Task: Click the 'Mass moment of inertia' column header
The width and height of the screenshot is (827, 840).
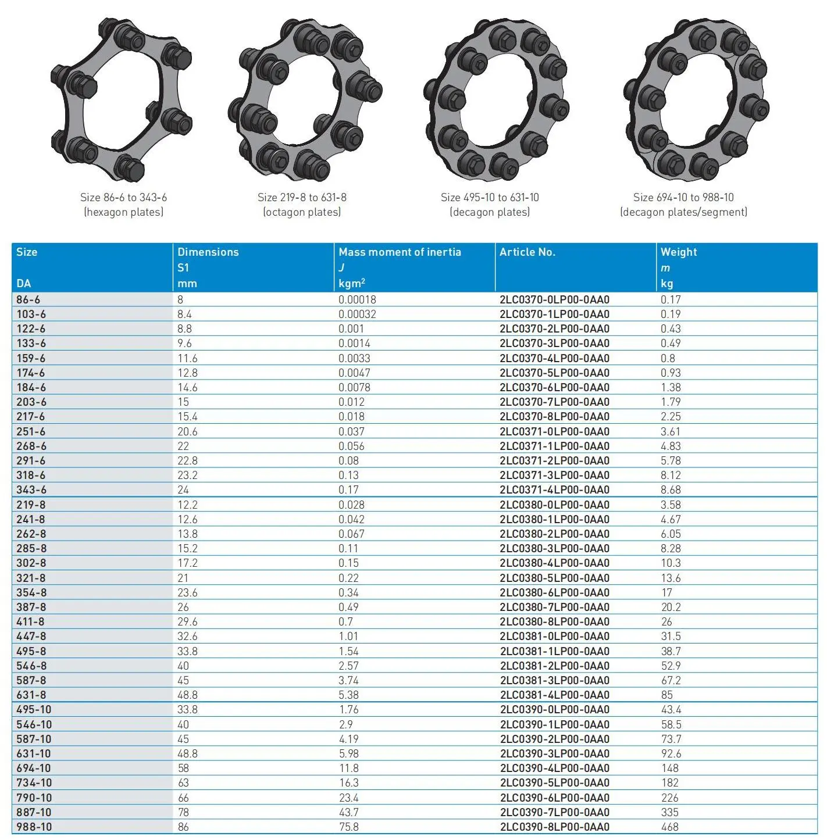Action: click(400, 252)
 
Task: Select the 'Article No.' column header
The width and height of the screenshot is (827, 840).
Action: click(527, 252)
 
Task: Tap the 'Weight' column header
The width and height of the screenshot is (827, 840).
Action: click(678, 252)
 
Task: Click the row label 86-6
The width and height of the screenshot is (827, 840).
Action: click(28, 300)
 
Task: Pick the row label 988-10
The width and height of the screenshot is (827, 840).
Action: click(34, 827)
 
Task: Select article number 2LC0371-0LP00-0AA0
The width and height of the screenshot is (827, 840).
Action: click(554, 432)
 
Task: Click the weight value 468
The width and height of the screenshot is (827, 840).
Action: click(669, 827)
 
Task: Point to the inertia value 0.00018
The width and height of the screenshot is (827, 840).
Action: click(357, 300)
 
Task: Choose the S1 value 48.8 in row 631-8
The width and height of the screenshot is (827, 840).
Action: click(187, 695)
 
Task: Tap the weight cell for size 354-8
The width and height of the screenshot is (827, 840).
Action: click(666, 593)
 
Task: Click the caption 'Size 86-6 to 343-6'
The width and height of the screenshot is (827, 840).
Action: click(123, 198)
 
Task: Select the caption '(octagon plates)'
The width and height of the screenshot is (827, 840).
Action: click(302, 212)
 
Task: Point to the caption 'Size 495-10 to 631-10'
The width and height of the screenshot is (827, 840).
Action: click(490, 198)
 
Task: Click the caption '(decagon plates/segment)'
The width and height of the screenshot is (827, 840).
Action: click(683, 212)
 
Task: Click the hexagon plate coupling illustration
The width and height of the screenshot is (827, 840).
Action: click(122, 99)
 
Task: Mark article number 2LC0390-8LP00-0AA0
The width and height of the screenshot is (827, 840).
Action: click(554, 827)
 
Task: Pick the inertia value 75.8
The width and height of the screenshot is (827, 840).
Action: click(349, 827)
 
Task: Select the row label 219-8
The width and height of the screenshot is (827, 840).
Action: click(31, 505)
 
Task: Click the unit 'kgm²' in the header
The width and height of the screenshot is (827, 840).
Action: click(352, 284)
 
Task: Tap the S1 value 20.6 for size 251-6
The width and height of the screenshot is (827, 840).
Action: click(187, 432)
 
